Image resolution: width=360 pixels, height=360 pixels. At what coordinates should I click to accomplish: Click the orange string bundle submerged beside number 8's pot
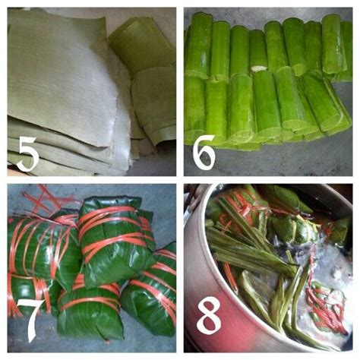[327, 304]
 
